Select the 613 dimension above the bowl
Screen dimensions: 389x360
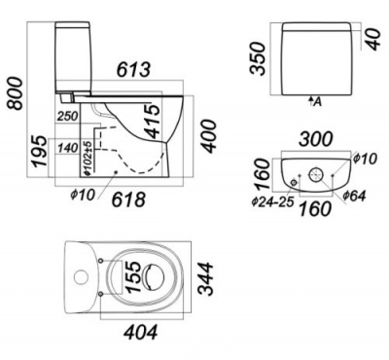[x=134, y=70]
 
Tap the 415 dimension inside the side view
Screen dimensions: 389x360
[x=152, y=123]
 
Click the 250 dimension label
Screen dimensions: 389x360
[x=68, y=116]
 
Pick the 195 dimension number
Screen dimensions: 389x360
[x=40, y=152]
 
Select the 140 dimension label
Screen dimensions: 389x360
[x=68, y=149]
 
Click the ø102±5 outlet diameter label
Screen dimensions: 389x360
[x=88, y=159]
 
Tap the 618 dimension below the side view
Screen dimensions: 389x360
[x=128, y=199]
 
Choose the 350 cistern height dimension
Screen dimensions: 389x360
[x=259, y=58]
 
